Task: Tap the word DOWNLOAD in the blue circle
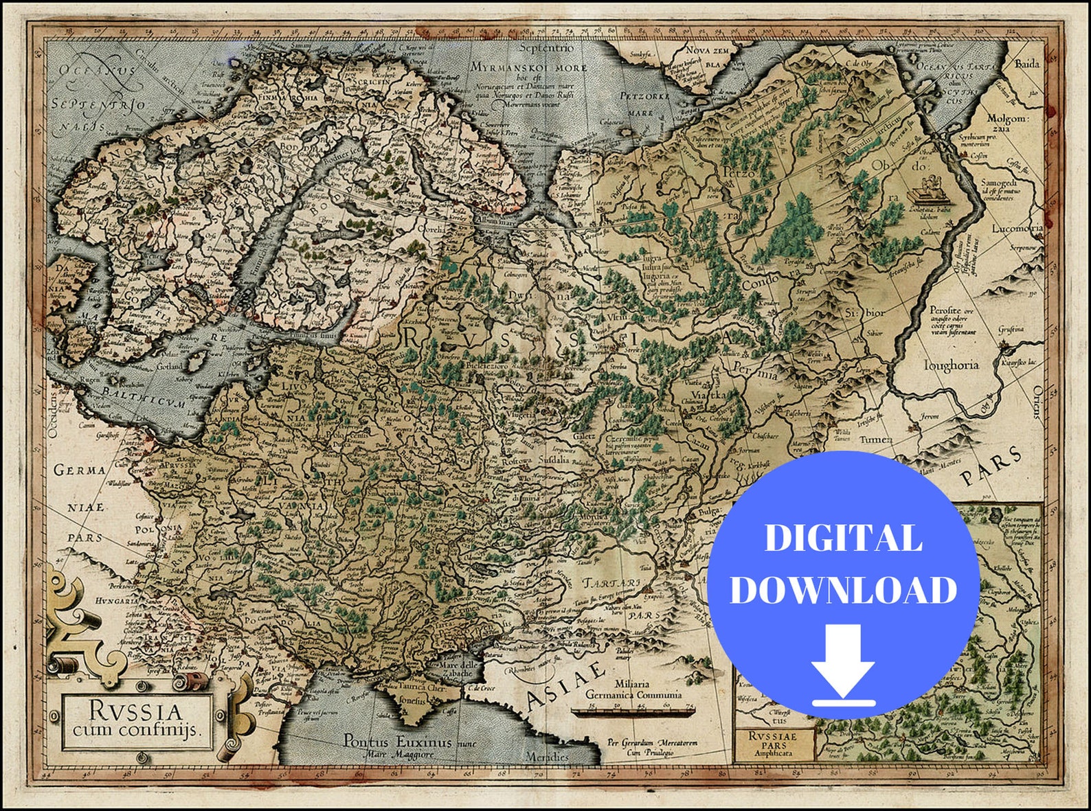pos(843,589)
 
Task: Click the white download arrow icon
pos(843,665)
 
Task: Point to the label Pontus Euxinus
pos(397,742)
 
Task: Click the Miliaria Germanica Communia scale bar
pos(633,712)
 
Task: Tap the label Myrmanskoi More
pos(529,67)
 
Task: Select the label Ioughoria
pos(951,365)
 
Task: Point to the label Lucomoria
pos(1017,228)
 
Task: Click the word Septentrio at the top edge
pos(546,48)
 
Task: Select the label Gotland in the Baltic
pos(169,366)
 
